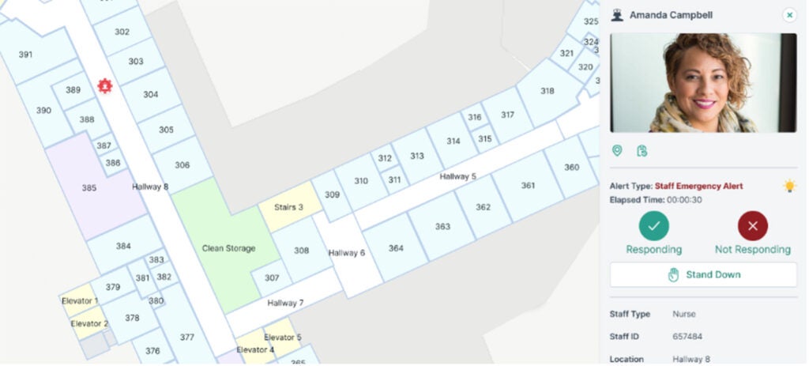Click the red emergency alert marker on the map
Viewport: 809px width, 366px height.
103,86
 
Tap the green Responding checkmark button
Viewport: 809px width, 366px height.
653,226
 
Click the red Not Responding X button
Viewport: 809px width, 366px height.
752,226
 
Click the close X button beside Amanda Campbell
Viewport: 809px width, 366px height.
789,15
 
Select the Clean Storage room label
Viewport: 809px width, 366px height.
228,248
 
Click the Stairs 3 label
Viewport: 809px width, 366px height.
288,207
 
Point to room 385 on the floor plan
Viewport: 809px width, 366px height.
89,188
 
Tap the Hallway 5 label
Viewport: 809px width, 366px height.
457,176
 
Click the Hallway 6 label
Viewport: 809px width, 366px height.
346,253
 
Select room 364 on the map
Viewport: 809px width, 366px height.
396,248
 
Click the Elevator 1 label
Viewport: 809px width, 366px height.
80,301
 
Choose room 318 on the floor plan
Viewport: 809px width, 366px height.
547,91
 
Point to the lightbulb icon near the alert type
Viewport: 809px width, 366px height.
788,186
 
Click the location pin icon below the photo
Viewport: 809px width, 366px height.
617,150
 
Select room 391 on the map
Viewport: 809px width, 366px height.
26,55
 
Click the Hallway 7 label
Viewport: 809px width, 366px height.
285,303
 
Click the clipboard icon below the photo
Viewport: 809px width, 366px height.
642,150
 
